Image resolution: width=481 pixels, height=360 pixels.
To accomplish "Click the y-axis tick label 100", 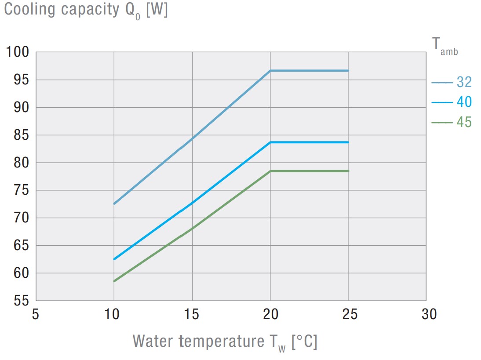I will (x=18, y=52).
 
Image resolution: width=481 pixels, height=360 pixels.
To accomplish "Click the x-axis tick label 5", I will (x=36, y=315).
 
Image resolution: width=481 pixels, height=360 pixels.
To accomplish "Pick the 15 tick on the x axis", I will (x=192, y=315).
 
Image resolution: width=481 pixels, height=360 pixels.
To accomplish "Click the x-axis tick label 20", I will (x=270, y=315).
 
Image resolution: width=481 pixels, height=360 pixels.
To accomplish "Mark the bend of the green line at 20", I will (x=270, y=171).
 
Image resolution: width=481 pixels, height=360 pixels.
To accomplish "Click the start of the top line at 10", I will (x=114, y=204).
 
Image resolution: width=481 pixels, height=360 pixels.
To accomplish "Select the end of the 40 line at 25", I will (x=348, y=142).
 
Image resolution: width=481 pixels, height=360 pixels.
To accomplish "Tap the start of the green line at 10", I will (x=114, y=281).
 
